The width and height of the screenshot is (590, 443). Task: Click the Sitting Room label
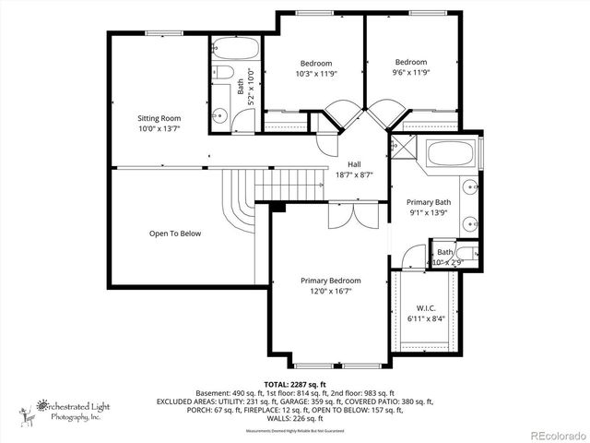159,118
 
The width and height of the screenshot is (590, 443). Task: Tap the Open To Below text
174,233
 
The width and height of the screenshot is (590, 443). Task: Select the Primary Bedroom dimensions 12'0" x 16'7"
330,291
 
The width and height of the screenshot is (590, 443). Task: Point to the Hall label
354,163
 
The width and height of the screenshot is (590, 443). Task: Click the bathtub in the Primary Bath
451,154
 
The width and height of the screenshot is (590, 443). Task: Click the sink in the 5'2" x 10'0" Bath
219,116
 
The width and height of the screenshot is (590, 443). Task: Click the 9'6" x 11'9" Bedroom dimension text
411,73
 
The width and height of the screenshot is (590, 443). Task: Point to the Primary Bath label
430,202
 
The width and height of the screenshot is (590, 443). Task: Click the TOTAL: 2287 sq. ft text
295,383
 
